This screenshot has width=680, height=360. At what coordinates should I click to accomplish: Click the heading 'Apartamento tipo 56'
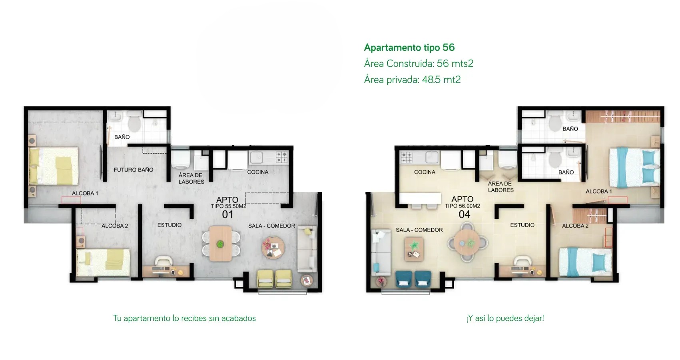[409, 47]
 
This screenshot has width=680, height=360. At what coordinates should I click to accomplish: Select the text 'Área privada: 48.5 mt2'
[412, 80]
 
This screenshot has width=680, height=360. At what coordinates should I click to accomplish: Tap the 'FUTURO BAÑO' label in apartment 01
[133, 170]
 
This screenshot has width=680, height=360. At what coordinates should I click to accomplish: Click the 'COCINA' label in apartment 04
[425, 172]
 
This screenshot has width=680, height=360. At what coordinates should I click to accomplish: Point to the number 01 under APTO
[227, 214]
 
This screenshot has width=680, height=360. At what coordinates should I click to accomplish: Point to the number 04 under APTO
[464, 214]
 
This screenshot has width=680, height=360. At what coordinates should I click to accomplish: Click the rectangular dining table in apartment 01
[221, 243]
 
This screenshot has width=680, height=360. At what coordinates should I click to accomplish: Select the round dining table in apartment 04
[467, 243]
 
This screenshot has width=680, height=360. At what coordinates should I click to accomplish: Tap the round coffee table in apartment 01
[273, 248]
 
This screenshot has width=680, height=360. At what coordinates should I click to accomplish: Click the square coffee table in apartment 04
[414, 249]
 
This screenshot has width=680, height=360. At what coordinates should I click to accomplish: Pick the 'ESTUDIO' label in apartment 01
[170, 225]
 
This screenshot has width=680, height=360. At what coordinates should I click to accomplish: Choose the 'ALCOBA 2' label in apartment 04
[575, 226]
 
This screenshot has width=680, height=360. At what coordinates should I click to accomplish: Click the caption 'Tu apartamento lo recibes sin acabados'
[185, 318]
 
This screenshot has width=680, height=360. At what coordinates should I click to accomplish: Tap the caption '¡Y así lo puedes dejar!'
[505, 318]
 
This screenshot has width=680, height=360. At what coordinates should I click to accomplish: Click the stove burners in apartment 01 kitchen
[282, 157]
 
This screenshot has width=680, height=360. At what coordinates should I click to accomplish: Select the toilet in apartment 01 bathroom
[134, 122]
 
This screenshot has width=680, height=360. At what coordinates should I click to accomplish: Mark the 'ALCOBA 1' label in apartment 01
[85, 193]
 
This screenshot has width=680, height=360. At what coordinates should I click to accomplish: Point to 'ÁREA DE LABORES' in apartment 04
[501, 186]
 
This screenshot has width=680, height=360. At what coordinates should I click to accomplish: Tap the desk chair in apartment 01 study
[164, 261]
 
